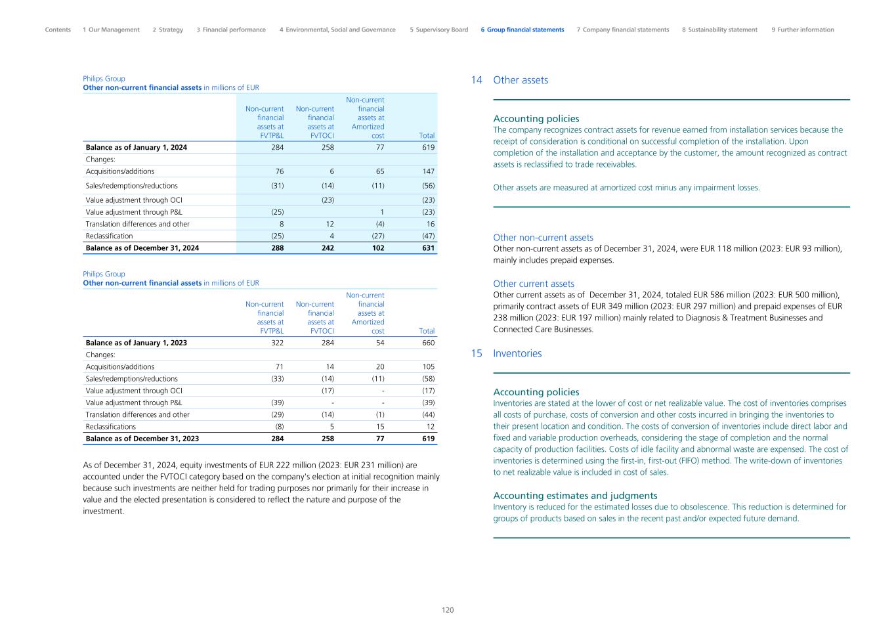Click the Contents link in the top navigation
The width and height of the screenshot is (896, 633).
(58, 30)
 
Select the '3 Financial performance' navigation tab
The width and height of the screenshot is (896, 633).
(231, 30)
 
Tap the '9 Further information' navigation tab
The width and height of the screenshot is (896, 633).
(803, 30)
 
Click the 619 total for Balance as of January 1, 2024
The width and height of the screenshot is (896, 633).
(428, 147)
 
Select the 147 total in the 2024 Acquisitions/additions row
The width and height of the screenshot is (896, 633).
(427, 171)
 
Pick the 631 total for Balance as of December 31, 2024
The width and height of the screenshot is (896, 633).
(428, 248)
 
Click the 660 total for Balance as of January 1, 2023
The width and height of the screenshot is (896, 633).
(427, 343)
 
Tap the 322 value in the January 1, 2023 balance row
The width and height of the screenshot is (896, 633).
(277, 343)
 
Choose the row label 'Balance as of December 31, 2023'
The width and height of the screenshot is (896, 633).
(142, 439)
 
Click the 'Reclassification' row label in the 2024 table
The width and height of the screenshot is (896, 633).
(109, 236)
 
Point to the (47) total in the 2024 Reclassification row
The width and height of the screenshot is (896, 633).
(428, 236)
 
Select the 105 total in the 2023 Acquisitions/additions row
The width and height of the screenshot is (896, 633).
(427, 367)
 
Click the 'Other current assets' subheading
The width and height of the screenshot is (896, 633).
(534, 284)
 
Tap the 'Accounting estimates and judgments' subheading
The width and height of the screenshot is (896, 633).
(575, 496)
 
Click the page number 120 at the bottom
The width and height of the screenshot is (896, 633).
(448, 610)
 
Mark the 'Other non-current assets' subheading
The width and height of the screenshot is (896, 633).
(543, 238)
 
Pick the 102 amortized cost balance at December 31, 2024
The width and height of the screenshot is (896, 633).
(378, 248)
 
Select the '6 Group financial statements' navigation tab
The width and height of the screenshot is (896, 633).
(522, 30)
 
